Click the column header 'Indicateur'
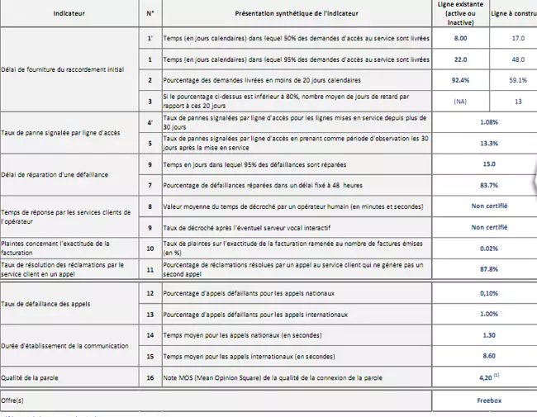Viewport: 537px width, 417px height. pyautogui.click(x=68, y=14)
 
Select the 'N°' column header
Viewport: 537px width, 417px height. pyautogui.click(x=150, y=14)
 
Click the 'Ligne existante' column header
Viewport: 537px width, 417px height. pyautogui.click(x=461, y=13)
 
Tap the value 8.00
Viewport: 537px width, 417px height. pyautogui.click(x=461, y=39)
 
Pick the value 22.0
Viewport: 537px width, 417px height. pyautogui.click(x=461, y=59)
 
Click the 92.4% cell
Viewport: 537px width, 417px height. pyautogui.click(x=461, y=80)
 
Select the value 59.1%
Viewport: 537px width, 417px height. pyautogui.click(x=518, y=80)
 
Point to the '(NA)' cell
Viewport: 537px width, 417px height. pyautogui.click(x=461, y=101)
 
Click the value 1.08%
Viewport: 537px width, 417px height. pyautogui.click(x=488, y=122)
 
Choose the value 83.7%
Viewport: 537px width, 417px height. pyautogui.click(x=488, y=185)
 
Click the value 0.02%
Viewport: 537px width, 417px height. pyautogui.click(x=488, y=249)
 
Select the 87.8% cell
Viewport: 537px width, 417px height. pyautogui.click(x=488, y=268)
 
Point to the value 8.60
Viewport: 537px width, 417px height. pyautogui.click(x=488, y=356)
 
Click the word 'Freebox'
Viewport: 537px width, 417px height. pyautogui.click(x=488, y=400)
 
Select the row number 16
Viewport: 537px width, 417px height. pyautogui.click(x=150, y=377)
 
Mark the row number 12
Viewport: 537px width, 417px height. pyautogui.click(x=150, y=293)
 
